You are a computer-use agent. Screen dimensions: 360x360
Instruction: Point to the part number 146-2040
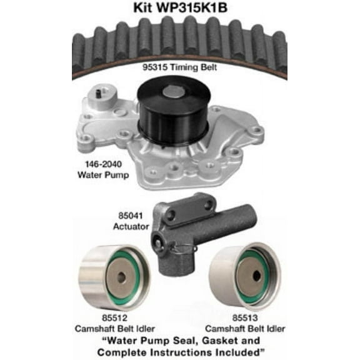[99, 165]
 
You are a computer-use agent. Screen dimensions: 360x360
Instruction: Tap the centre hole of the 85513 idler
[254, 274]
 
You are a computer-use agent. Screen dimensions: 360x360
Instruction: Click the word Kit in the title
[142, 8]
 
